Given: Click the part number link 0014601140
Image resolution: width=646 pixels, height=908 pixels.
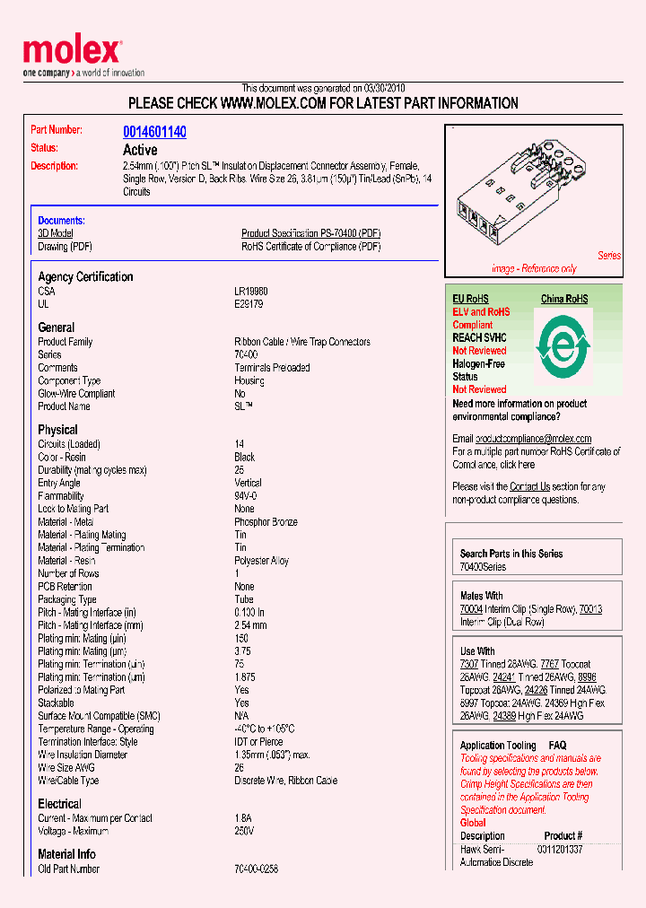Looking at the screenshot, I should pos(154,132).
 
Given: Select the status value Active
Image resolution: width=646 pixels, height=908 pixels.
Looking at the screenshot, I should pos(140,150).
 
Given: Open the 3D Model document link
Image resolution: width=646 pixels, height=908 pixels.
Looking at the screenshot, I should pos(55,233).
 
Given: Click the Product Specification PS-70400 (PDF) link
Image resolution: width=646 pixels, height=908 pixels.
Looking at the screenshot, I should pos(310,233).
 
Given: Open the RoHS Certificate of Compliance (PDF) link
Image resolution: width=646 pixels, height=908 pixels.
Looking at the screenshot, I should pos(310,247).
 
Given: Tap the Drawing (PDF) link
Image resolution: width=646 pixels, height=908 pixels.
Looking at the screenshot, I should pos(65,247).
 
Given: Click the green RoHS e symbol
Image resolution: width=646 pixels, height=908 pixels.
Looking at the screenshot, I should pos(563,343).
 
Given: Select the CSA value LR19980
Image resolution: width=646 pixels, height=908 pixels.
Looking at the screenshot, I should pos(250,292).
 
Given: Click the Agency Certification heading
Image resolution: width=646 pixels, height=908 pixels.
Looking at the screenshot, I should pos(85,277).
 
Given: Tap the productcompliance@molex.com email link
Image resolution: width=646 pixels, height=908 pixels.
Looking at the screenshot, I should pos(533,439).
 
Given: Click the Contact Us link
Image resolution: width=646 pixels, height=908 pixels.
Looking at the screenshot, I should pos(529,486).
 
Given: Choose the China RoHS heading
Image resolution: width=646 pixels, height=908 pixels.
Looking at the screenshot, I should pos(563,299).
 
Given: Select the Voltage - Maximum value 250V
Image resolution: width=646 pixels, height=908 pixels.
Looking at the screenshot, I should pos(244,831).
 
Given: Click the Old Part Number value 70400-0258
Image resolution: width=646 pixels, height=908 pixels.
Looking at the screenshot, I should pos(256,869).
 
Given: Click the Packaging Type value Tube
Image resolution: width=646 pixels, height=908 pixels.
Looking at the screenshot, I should pos(244,599).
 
